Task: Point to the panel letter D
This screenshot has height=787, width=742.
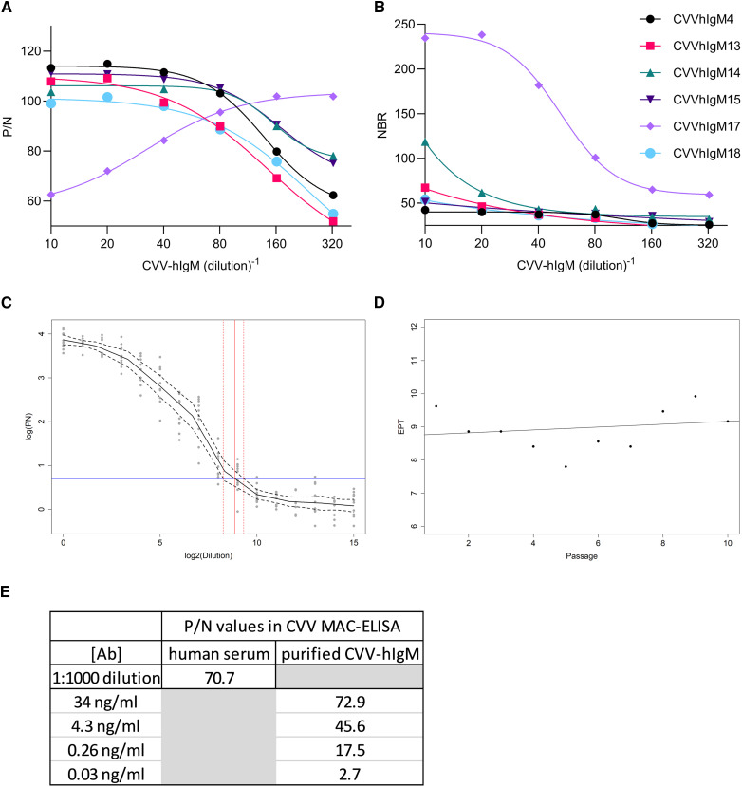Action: pyautogui.click(x=380, y=304)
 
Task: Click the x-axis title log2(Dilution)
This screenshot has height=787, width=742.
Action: pyautogui.click(x=208, y=552)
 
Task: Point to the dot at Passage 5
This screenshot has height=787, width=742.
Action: pyautogui.click(x=566, y=466)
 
